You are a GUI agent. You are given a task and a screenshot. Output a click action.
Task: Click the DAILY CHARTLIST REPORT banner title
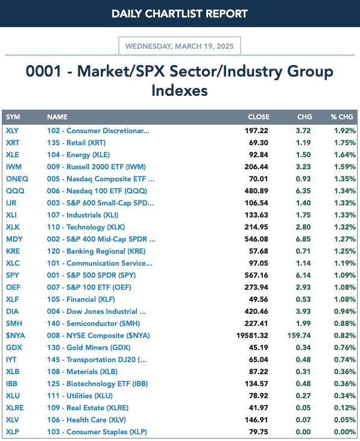pos(180,13)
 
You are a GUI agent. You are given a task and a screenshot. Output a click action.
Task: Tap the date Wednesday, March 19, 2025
pos(180,46)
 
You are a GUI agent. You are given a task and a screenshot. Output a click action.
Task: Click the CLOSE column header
pos(259,117)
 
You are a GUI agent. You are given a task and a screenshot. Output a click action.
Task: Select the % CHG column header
pos(342,117)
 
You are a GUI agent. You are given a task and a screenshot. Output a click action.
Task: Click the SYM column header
pos(13,117)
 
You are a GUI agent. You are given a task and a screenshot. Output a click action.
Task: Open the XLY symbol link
pos(12,131)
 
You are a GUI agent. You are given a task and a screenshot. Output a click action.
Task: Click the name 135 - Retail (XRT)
pos(76,143)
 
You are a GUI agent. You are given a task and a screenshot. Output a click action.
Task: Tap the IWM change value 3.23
pos(303,167)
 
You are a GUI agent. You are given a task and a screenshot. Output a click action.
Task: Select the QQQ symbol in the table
pos(15,191)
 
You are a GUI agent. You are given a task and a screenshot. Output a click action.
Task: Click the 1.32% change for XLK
pos(345,227)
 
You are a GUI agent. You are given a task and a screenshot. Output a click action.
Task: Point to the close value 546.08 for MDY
pos(256,239)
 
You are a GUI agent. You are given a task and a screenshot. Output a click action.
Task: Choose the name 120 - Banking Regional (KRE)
pos(96,251)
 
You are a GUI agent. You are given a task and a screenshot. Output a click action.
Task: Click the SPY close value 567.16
pos(256,275)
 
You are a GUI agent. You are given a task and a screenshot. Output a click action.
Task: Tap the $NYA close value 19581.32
pos(252,336)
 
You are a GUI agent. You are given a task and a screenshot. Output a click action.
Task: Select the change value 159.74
pos(299,336)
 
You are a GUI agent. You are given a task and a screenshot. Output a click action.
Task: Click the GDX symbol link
pos(14,348)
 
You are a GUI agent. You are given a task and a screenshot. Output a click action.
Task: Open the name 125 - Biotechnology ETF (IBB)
pos(98,384)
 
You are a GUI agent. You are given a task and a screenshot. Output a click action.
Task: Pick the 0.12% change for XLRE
pos(345,408)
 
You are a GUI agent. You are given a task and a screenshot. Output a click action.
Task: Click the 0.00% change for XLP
pos(345,433)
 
